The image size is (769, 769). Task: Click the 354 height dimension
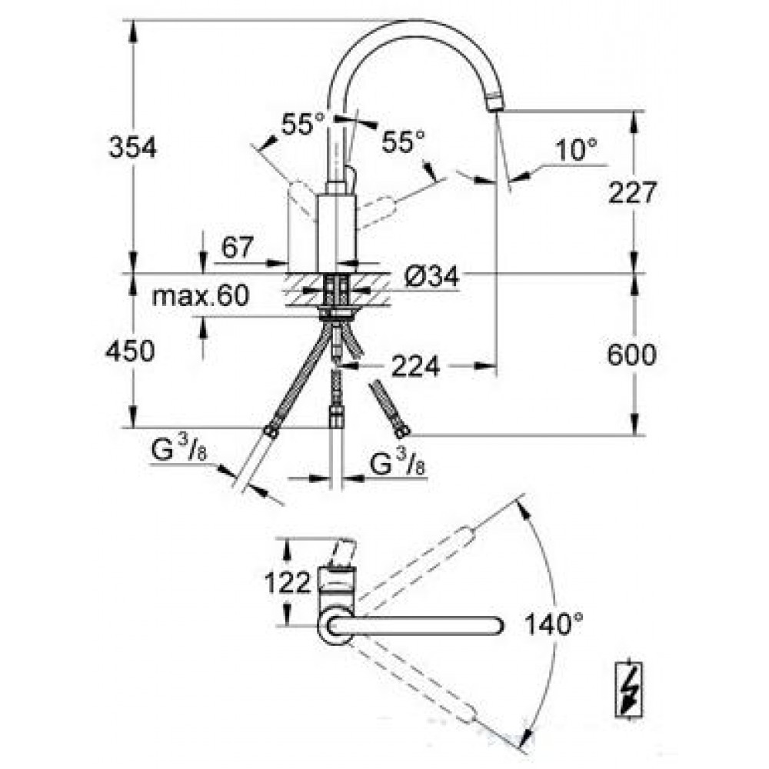coord(132,147)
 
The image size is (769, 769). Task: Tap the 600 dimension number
coord(631,354)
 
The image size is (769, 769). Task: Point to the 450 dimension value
coord(130,351)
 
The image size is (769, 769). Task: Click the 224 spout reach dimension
coord(415,365)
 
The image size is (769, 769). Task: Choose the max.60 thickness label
coord(201,296)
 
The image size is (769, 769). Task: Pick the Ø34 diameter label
coord(431,277)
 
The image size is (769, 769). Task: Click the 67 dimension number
coord(238,247)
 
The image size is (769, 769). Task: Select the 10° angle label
coord(576,150)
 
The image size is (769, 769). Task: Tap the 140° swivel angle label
coord(554,624)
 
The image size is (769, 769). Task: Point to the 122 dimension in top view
coord(288,583)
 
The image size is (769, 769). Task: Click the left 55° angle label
coord(303,124)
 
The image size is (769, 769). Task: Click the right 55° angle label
coord(403,141)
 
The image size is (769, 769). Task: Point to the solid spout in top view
coord(415,626)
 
